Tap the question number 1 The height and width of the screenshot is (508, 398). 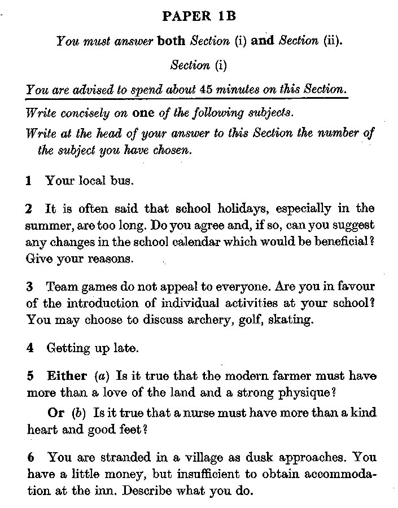[x=29, y=181]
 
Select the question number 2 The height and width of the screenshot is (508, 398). [x=29, y=209]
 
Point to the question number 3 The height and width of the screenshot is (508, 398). [x=29, y=286]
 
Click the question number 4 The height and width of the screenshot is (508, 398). [x=29, y=348]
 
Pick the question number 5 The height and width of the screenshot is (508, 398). [x=29, y=375]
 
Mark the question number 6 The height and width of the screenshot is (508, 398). [x=29, y=457]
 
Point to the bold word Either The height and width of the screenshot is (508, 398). [x=67, y=375]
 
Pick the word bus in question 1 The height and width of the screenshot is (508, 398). [x=122, y=181]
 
